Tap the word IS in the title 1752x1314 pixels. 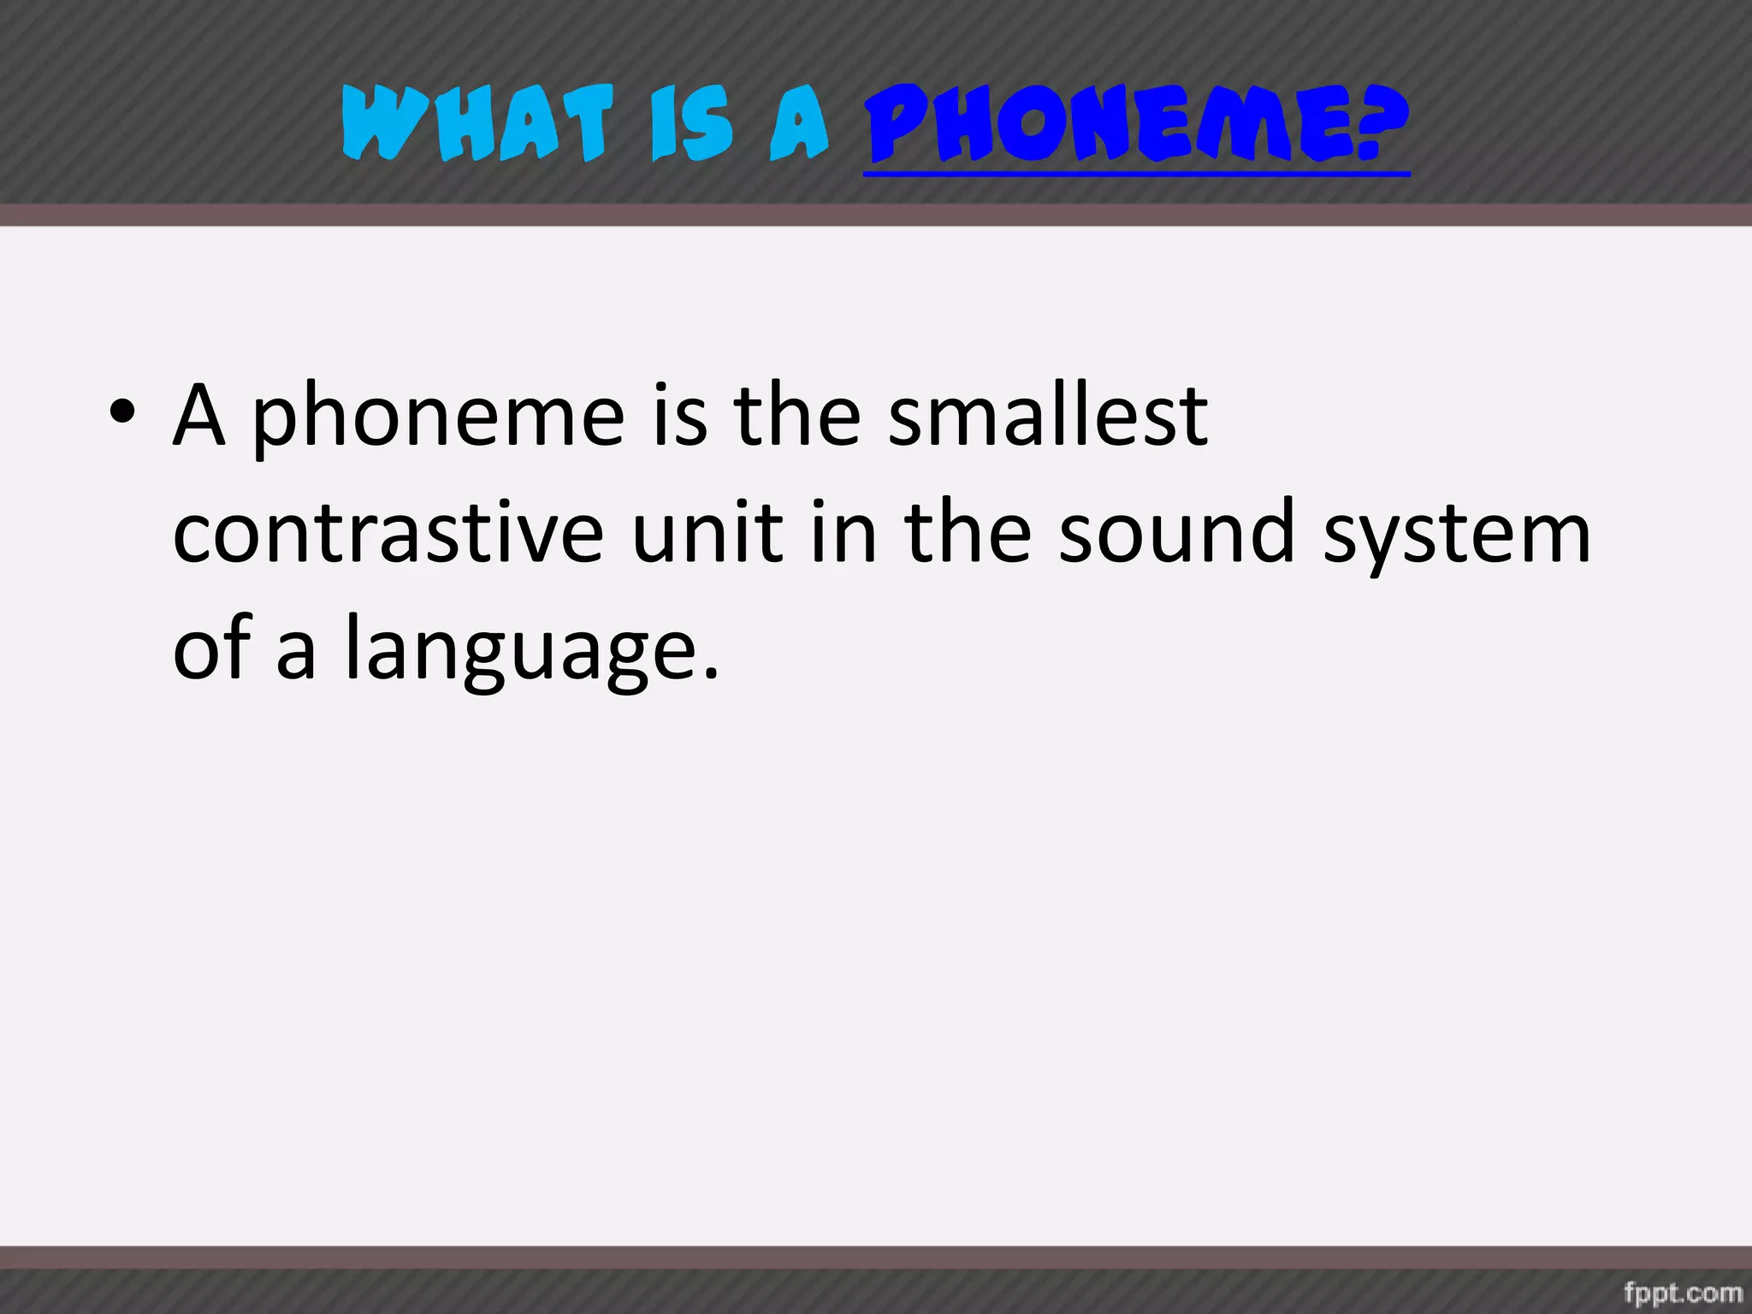click(x=692, y=125)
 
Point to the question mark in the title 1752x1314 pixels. click(x=1382, y=125)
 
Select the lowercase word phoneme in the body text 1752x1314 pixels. click(x=439, y=419)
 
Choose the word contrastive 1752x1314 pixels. click(x=389, y=534)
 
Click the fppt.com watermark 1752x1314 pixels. click(x=1683, y=1292)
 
